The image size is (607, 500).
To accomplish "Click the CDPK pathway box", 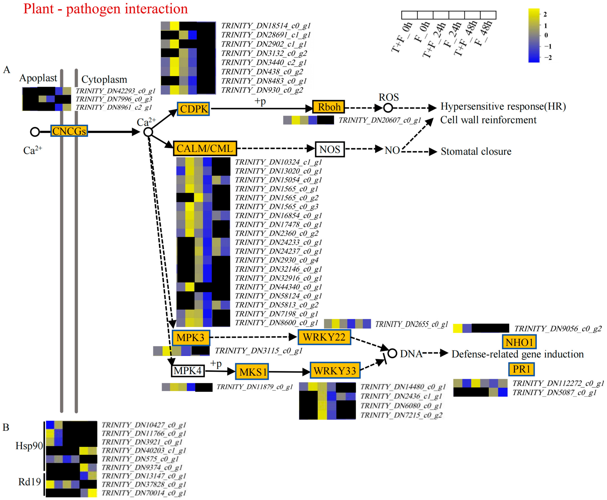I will pyautogui.click(x=193, y=109).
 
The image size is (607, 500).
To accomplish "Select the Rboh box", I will pyautogui.click(x=328, y=107).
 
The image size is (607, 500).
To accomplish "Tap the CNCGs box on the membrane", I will pyautogui.click(x=69, y=131).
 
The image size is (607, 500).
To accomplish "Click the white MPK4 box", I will pyautogui.click(x=188, y=371).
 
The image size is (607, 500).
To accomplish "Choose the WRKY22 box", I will pyautogui.click(x=324, y=337).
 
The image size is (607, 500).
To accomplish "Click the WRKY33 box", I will pyautogui.click(x=335, y=371).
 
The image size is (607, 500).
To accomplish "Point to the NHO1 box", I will pyautogui.click(x=519, y=342).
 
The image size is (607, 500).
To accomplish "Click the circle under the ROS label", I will pyautogui.click(x=388, y=108).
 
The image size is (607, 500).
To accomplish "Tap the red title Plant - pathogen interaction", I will pyautogui.click(x=105, y=9).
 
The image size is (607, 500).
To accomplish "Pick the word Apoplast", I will pyautogui.click(x=38, y=78).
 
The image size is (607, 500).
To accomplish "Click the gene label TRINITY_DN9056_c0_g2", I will pyautogui.click(x=558, y=329).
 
